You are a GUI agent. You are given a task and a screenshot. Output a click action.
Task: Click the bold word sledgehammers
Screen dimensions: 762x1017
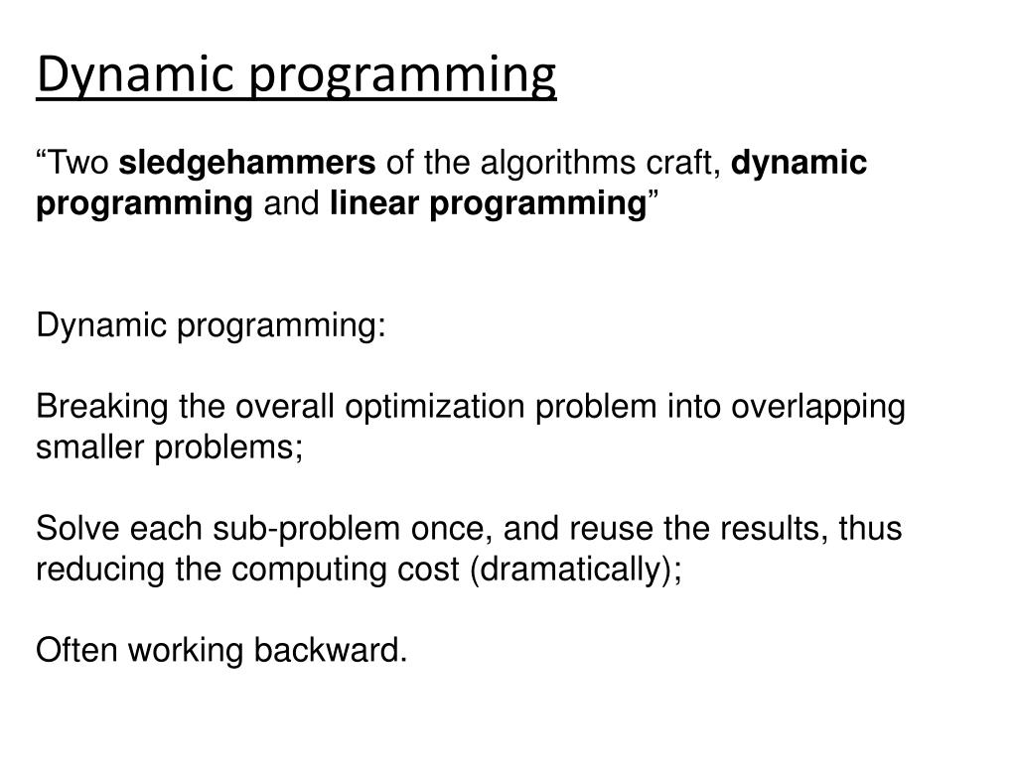coord(254,163)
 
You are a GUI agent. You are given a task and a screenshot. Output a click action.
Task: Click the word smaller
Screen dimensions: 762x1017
coord(91,447)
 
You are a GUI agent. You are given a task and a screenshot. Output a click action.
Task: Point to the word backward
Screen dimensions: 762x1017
coord(331,651)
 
